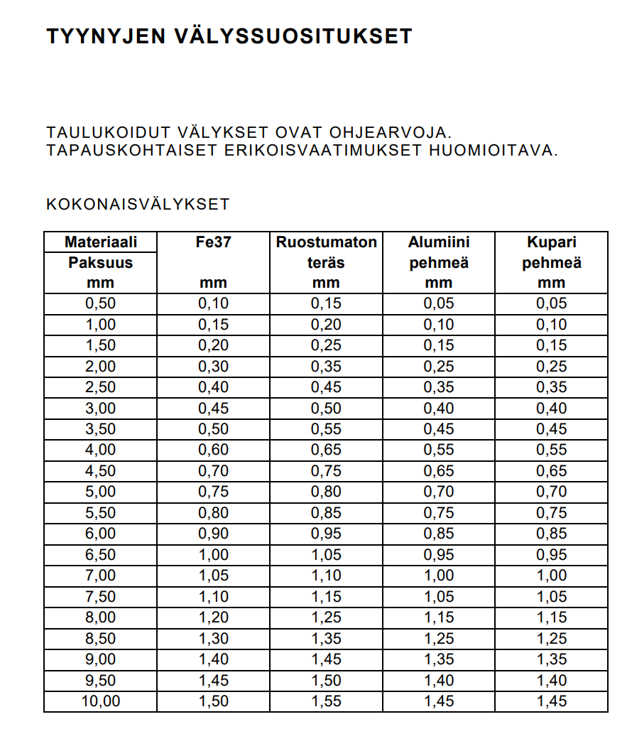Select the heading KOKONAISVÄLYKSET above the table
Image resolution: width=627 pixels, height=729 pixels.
(x=138, y=205)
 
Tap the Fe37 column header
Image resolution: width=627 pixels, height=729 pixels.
(x=213, y=242)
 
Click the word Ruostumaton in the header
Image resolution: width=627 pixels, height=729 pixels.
(x=326, y=242)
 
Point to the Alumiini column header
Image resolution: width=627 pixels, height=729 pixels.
(x=438, y=242)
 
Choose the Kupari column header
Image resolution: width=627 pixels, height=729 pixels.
(x=552, y=242)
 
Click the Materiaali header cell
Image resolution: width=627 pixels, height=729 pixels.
(x=100, y=242)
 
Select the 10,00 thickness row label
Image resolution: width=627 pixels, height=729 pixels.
(x=100, y=701)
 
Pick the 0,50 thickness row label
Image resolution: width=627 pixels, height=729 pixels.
(x=100, y=303)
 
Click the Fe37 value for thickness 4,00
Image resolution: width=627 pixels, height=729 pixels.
(x=213, y=450)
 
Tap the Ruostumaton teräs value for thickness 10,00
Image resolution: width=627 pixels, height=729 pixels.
(x=326, y=701)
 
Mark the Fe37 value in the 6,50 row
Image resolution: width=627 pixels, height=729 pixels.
(x=213, y=554)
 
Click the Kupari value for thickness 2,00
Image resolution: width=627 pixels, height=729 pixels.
(x=552, y=367)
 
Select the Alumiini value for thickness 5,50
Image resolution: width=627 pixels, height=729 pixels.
(x=438, y=513)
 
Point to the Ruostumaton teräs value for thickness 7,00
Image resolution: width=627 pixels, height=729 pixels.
(x=326, y=576)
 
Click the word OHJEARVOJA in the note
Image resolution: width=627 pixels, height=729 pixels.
(x=389, y=133)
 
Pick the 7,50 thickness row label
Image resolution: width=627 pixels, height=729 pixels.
(x=100, y=597)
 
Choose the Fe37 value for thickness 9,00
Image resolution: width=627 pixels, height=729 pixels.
(x=213, y=659)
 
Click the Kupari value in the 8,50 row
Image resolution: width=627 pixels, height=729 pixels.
(x=552, y=639)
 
